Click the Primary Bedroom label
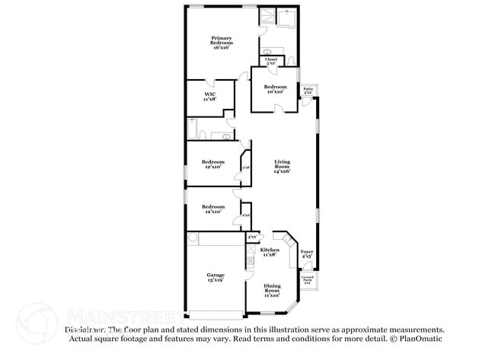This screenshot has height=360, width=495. click(x=222, y=42)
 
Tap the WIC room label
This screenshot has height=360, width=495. click(x=209, y=97)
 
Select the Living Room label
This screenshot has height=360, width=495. click(x=283, y=164)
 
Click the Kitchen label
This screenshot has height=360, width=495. click(x=270, y=252)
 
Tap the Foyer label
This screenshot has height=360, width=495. click(x=307, y=253)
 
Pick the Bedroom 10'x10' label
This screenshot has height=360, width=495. click(x=275, y=89)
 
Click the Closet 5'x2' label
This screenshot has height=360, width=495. click(x=271, y=60)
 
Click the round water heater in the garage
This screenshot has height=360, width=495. click(x=193, y=238)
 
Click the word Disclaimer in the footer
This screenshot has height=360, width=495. click(x=84, y=330)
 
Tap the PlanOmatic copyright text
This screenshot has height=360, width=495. click(x=417, y=338)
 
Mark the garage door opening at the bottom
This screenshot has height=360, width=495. click(x=214, y=314)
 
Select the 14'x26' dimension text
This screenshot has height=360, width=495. click(x=283, y=171)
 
